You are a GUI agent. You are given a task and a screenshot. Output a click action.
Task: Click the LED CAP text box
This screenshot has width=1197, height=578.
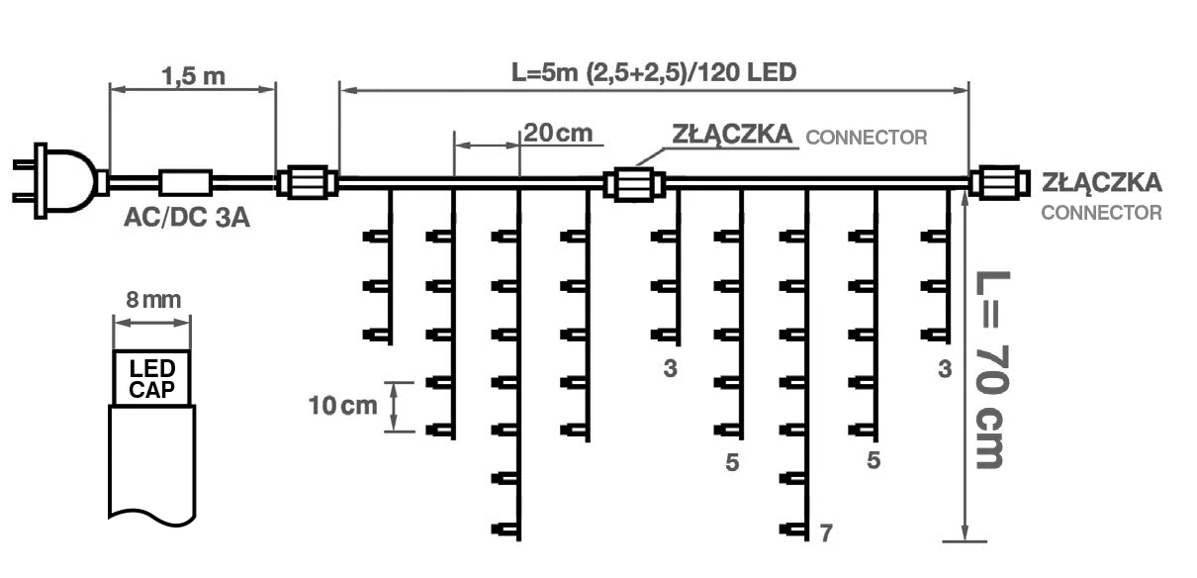click(151, 377)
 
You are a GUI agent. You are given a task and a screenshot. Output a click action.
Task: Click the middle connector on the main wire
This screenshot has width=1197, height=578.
click(633, 183)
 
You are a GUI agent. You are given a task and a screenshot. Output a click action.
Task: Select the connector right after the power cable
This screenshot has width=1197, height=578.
click(306, 183)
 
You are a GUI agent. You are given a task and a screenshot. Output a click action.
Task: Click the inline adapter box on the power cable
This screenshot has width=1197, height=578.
click(186, 182)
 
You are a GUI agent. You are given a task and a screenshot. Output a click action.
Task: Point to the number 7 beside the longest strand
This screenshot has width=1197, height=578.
click(826, 533)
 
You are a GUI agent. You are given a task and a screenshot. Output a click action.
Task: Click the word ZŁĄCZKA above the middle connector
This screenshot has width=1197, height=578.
click(733, 134)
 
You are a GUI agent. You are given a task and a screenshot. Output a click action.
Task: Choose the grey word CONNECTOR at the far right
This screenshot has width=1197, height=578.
click(1102, 213)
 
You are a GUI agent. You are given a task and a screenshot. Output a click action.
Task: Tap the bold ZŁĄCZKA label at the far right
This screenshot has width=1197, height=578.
click(1102, 183)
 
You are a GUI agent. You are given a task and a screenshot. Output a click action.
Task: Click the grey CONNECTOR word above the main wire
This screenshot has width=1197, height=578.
click(868, 138)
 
